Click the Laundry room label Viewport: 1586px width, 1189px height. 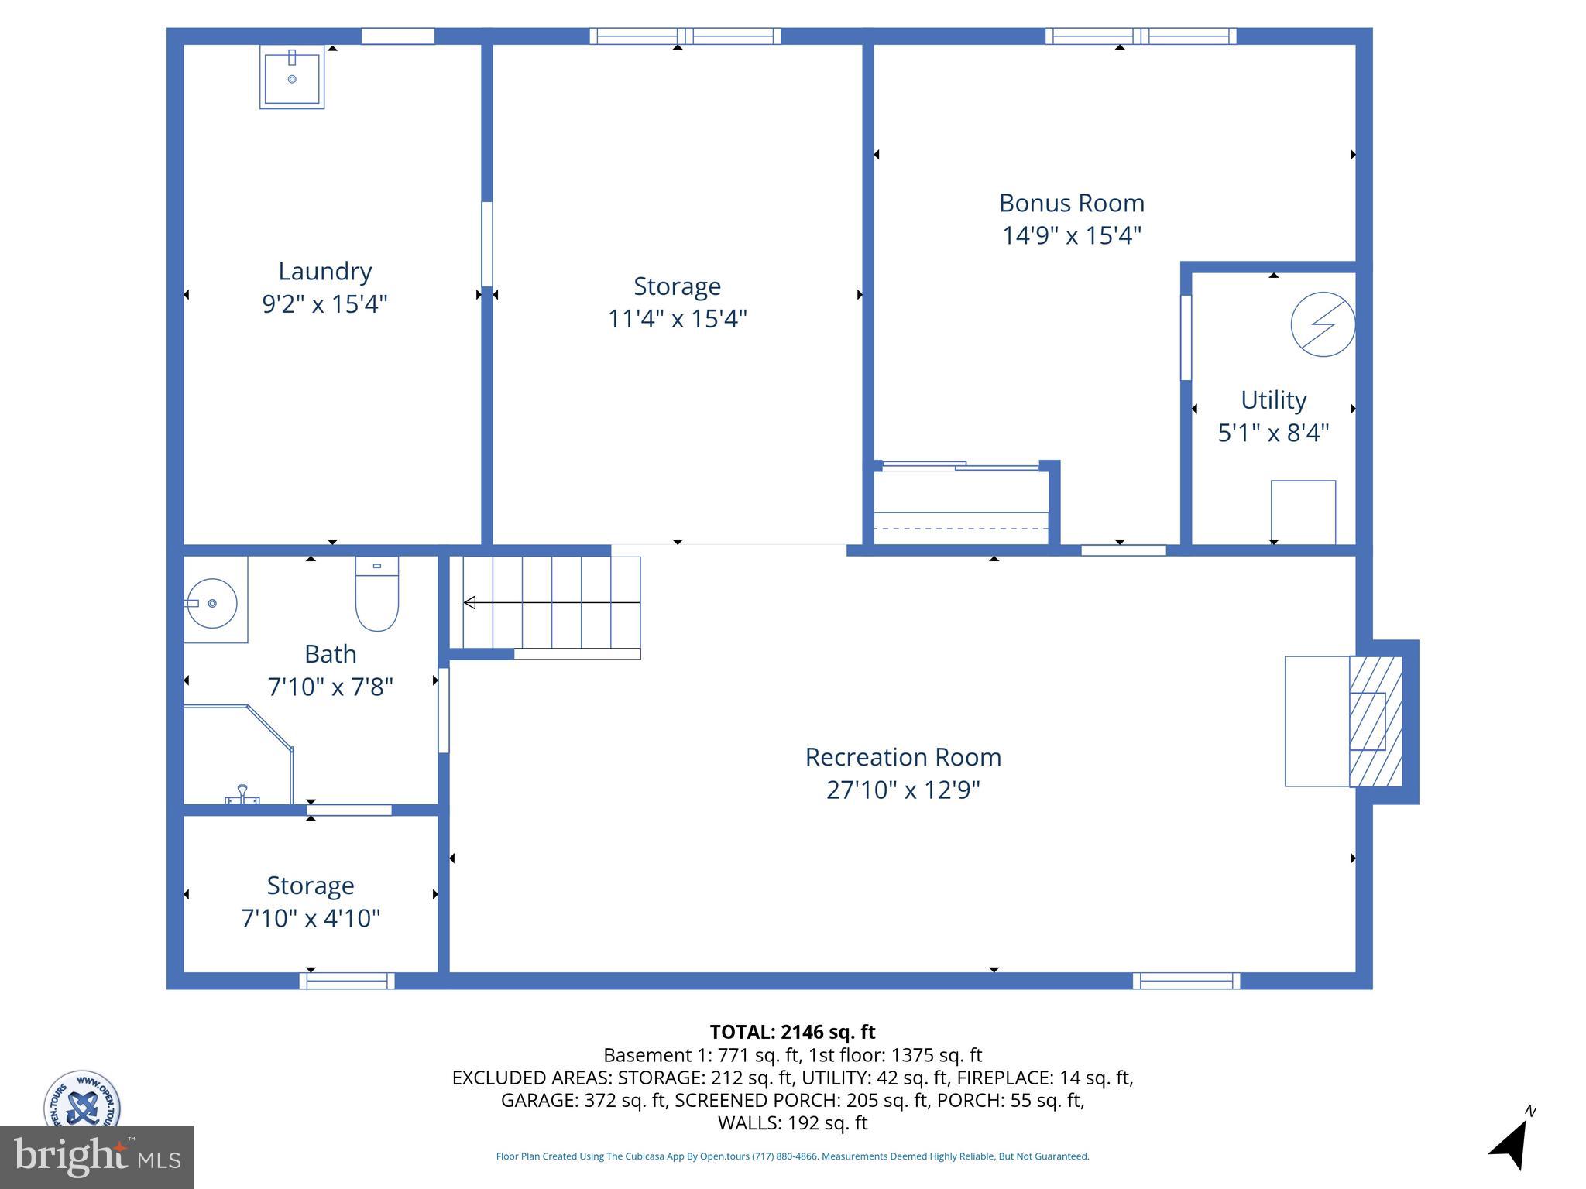[x=324, y=271]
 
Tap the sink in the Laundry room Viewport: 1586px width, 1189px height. [x=292, y=78]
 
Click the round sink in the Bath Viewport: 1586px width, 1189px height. [x=212, y=603]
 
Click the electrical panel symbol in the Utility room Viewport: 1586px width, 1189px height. [x=1323, y=324]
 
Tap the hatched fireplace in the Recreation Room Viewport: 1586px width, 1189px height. [x=1376, y=721]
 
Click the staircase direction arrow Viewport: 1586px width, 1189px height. [x=550, y=602]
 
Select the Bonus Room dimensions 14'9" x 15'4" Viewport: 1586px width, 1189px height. [x=1072, y=235]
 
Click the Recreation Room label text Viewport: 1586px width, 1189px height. [x=903, y=757]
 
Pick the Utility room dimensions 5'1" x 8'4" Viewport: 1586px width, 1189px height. [x=1273, y=433]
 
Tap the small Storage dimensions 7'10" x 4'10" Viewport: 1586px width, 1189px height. [x=311, y=919]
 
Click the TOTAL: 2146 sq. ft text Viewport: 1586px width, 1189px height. [x=792, y=1032]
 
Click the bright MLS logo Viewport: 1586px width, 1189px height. [x=97, y=1157]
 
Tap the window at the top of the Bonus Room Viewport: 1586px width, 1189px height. [x=1140, y=36]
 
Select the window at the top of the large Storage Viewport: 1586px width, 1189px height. [x=685, y=36]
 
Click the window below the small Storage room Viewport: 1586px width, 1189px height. [x=347, y=981]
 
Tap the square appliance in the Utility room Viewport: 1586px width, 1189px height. [x=1303, y=512]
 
